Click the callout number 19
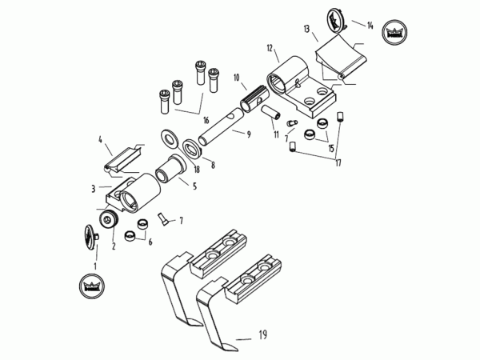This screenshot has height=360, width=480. [x=262, y=334]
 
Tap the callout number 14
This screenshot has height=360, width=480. [x=370, y=25]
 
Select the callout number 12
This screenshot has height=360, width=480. [x=270, y=48]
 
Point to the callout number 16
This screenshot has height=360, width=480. [x=206, y=120]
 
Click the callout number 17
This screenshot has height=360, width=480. [x=338, y=163]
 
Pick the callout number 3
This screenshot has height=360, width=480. [x=94, y=189]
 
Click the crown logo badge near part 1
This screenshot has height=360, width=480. [x=92, y=286]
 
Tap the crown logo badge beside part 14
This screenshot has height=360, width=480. [x=395, y=33]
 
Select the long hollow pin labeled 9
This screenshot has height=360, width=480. [x=221, y=126]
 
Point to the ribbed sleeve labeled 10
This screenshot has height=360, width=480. [x=255, y=98]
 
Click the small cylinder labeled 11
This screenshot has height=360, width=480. [x=271, y=112]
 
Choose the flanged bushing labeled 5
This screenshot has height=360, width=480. [x=171, y=169]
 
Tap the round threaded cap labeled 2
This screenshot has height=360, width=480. [x=108, y=219]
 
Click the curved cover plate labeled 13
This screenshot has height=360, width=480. [x=342, y=58]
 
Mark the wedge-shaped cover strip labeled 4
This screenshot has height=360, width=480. [x=122, y=160]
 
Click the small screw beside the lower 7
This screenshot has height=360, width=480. [x=163, y=219]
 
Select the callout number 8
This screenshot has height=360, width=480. [x=213, y=166]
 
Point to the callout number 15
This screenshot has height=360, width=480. [x=331, y=149]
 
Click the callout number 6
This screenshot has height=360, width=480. [x=150, y=242]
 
